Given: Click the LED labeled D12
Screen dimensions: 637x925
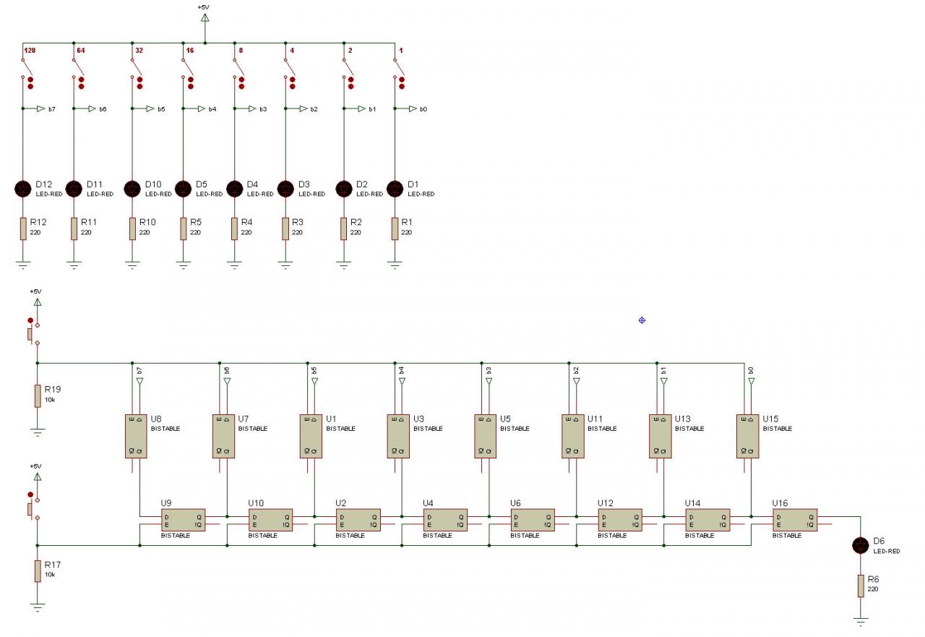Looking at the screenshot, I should point(23,189).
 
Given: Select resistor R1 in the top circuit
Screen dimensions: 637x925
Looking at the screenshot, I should point(395,229).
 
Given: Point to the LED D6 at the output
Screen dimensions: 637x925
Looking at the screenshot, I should point(860,545).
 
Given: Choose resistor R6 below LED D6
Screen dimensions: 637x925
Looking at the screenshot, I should point(860,586).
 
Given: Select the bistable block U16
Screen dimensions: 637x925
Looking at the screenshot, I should point(794,520).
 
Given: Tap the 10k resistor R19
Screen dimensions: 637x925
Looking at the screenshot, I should point(38,396).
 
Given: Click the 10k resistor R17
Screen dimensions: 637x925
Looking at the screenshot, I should point(38,570).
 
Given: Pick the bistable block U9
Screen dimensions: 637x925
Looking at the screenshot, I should point(184,520).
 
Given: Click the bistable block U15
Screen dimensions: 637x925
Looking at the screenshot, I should point(747,436).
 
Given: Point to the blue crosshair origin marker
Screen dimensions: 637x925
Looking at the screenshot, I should point(642,320).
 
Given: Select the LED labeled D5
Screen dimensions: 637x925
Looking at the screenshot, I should point(184,189).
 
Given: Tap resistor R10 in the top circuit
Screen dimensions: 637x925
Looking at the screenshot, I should point(132,229).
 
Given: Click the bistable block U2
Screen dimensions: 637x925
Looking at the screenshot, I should point(358,520).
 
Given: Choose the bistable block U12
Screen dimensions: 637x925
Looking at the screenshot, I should point(620,520).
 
